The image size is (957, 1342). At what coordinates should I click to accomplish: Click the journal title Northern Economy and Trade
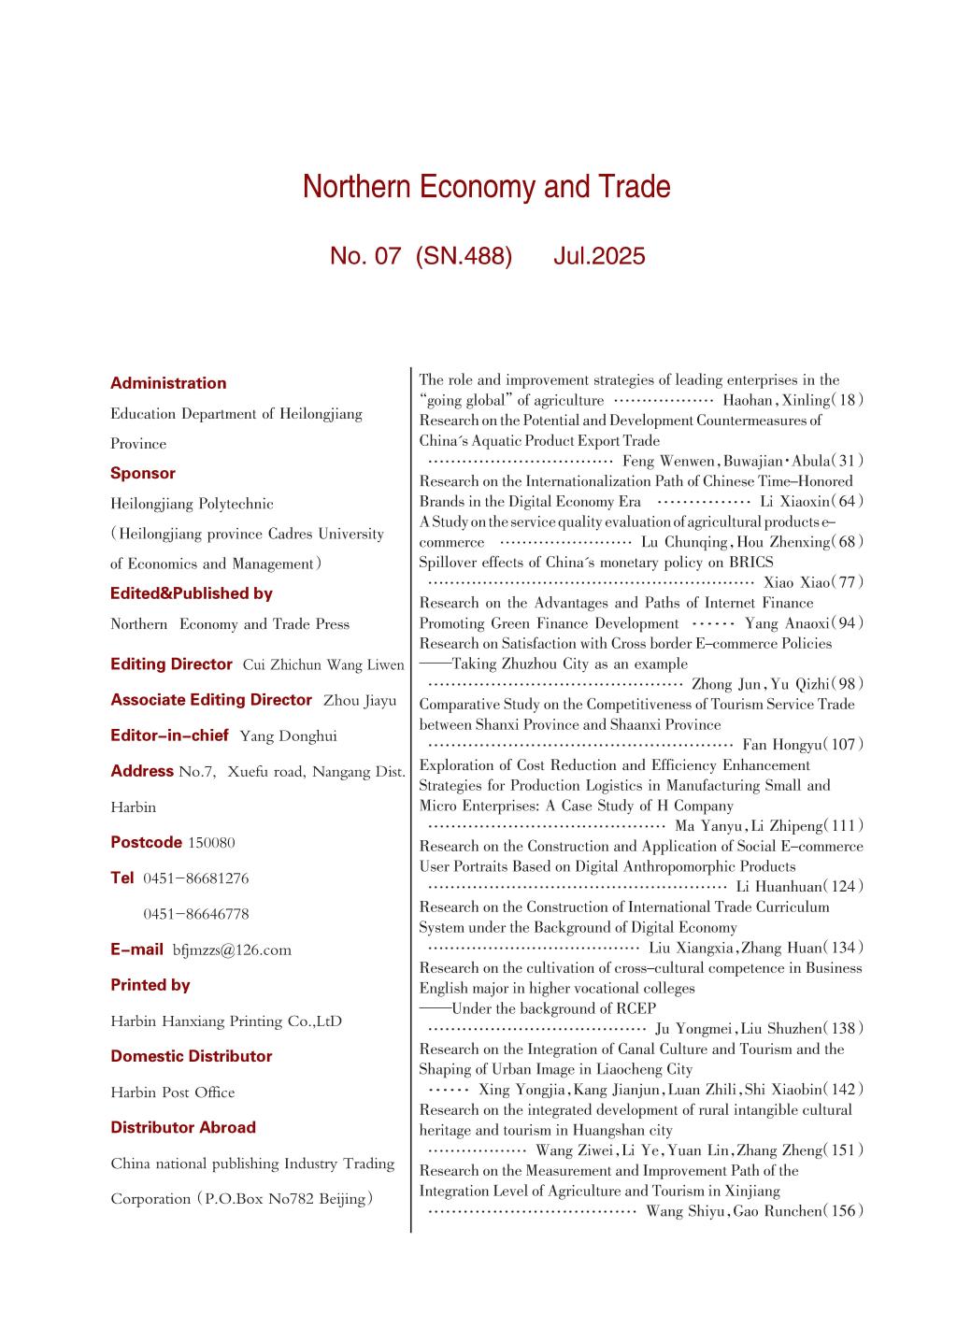point(486,187)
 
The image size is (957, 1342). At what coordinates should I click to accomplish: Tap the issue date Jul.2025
point(598,256)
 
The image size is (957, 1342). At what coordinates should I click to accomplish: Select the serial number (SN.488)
point(464,256)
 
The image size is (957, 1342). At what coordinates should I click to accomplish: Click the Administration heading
point(168,383)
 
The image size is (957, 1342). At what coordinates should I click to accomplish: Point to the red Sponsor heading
point(143,473)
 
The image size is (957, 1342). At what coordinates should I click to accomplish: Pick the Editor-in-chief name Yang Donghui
point(288,736)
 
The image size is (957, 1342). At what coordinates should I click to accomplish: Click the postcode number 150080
point(211,843)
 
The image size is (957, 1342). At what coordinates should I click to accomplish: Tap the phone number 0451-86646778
point(196,914)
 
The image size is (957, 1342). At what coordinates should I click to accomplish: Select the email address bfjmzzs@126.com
point(232,950)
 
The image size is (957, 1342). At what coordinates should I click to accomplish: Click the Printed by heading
point(150,985)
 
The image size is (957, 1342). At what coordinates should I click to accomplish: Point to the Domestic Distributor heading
point(192,1056)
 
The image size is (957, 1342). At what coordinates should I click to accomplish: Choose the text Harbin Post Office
point(173,1092)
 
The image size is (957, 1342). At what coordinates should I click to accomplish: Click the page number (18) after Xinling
point(848,400)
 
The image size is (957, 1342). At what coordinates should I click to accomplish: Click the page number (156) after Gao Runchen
point(844,1211)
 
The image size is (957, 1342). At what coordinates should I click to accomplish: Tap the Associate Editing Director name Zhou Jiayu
point(360,700)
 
